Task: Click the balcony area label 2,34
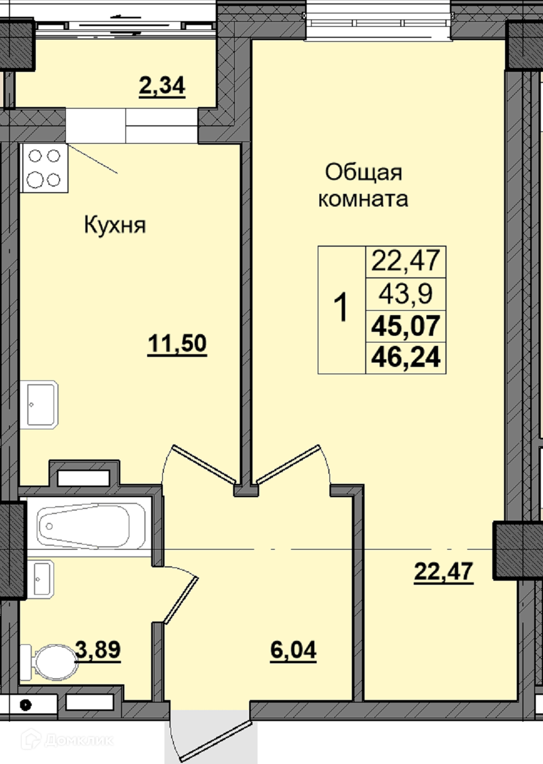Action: tap(162, 87)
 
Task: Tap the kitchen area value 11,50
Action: tap(177, 344)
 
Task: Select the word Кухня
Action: tap(115, 226)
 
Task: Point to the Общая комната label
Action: tap(363, 186)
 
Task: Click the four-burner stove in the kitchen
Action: tap(44, 168)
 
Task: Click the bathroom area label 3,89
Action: tap(98, 650)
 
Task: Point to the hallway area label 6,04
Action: tap(293, 651)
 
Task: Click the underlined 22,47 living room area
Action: tap(444, 572)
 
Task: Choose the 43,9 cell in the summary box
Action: tap(406, 294)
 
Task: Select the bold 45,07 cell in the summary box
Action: tap(406, 326)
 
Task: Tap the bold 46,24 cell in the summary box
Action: tap(406, 358)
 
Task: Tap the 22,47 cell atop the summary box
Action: tap(406, 262)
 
